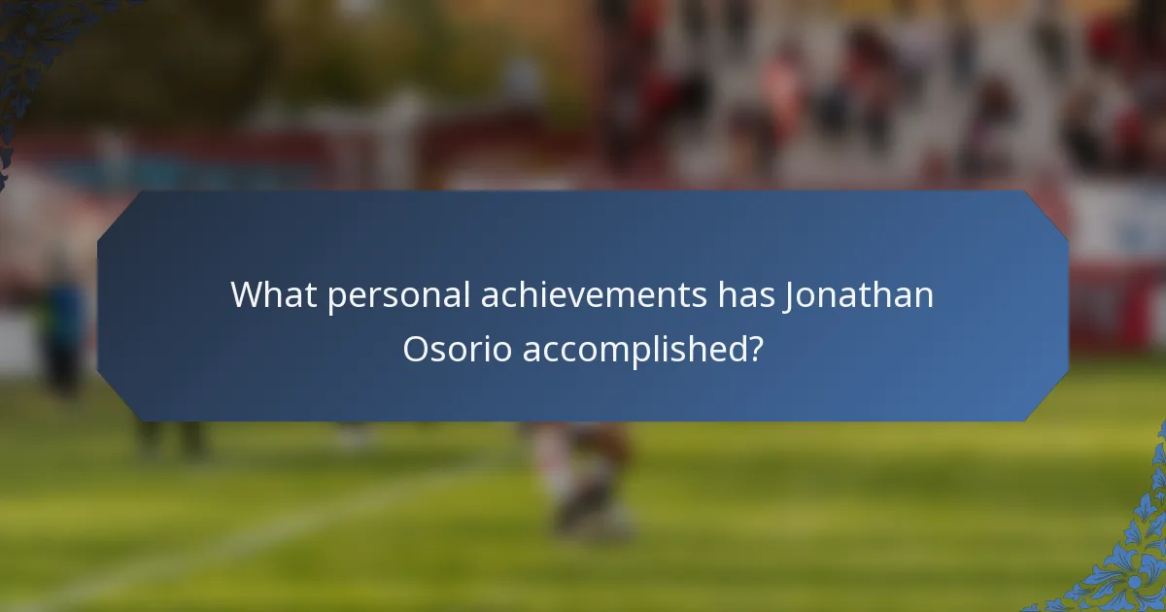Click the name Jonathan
click(x=859, y=294)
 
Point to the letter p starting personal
click(x=336, y=299)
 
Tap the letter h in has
click(x=729, y=294)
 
